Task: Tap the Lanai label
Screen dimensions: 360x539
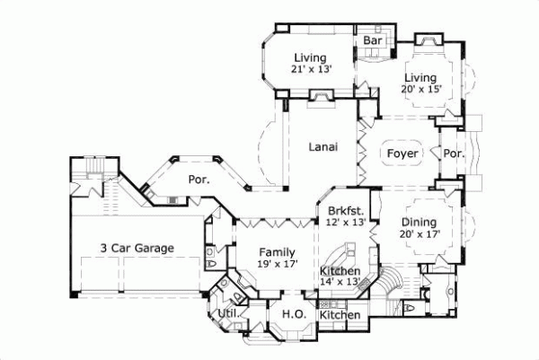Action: coord(323,148)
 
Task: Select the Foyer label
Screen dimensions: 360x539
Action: coord(402,154)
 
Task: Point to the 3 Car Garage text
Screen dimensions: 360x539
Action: coord(137,248)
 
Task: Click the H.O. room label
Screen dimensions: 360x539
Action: coord(291,314)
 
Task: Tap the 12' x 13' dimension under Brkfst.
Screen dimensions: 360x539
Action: coord(345,221)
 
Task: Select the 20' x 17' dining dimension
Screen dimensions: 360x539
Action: coord(419,234)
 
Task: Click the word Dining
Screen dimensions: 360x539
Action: coord(419,222)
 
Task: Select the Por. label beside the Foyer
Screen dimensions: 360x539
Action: coord(454,154)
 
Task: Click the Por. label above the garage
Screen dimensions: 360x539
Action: coord(199,179)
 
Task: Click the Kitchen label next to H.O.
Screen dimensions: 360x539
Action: coord(341,315)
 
